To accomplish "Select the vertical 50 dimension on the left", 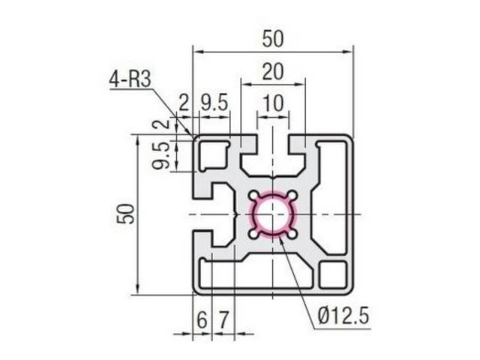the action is pyautogui.click(x=126, y=213).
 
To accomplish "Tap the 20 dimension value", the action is pyautogui.click(x=273, y=72).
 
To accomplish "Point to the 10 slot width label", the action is pyautogui.click(x=273, y=103).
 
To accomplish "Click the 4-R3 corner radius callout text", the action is pyautogui.click(x=130, y=79).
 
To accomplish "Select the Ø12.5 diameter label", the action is pyautogui.click(x=343, y=316).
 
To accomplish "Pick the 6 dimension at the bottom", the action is pyautogui.click(x=202, y=320).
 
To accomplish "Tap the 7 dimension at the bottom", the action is pyautogui.click(x=223, y=320).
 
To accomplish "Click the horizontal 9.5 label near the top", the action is pyautogui.click(x=214, y=103).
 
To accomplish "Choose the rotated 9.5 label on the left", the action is pyautogui.click(x=161, y=155).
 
